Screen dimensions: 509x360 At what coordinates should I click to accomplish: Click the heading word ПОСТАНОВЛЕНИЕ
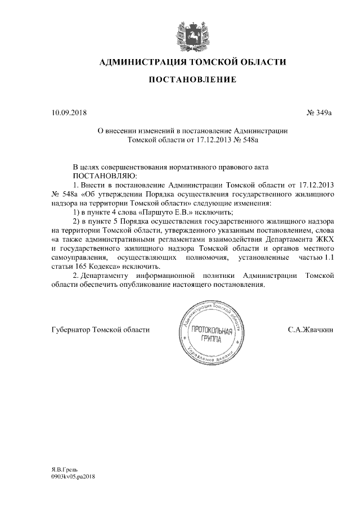(x=192, y=80)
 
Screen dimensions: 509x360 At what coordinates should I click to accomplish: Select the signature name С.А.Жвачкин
(x=310, y=330)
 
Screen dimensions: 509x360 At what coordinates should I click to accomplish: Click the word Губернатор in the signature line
(x=70, y=330)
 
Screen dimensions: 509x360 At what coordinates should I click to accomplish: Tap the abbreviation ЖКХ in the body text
(x=325, y=239)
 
